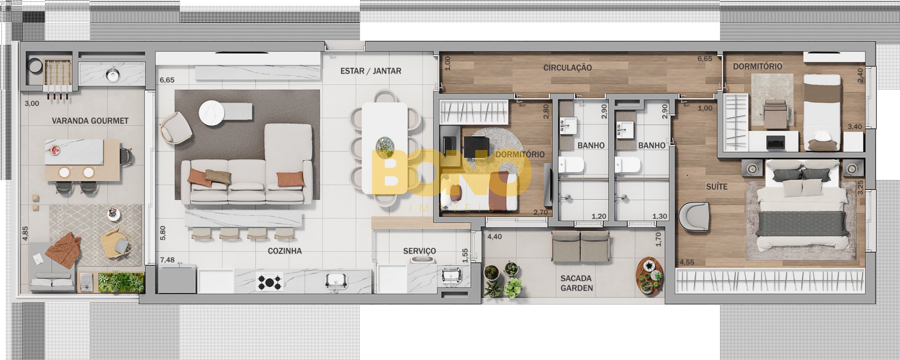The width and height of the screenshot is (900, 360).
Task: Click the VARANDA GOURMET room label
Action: pos(90,121)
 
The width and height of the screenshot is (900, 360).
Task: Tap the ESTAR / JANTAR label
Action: pos(371,71)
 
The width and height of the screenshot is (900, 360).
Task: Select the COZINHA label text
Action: pos(285,251)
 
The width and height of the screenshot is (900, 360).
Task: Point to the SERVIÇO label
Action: pos(420,251)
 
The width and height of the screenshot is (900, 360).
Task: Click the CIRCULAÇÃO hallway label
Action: pos(567,67)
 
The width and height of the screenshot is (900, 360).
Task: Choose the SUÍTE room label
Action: pos(717,187)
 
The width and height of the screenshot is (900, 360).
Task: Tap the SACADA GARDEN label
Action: pos(577,283)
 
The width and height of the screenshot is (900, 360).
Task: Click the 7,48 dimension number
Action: pos(167,260)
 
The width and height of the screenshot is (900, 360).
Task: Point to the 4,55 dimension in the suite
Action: pos(687,262)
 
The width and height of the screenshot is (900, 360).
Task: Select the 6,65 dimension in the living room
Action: pos(167,80)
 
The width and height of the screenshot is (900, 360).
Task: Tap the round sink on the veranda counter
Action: pos(112,74)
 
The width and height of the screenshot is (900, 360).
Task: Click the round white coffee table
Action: pos(212,113)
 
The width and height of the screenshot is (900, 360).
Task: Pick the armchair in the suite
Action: pos(694,216)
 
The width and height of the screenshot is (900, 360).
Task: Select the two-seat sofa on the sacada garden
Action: pos(581,247)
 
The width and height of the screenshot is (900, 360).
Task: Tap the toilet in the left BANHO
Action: pos(571,165)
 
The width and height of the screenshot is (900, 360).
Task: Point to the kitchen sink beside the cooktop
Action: pos(337,281)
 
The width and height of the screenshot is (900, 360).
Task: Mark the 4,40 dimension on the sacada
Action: pos(495,237)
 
